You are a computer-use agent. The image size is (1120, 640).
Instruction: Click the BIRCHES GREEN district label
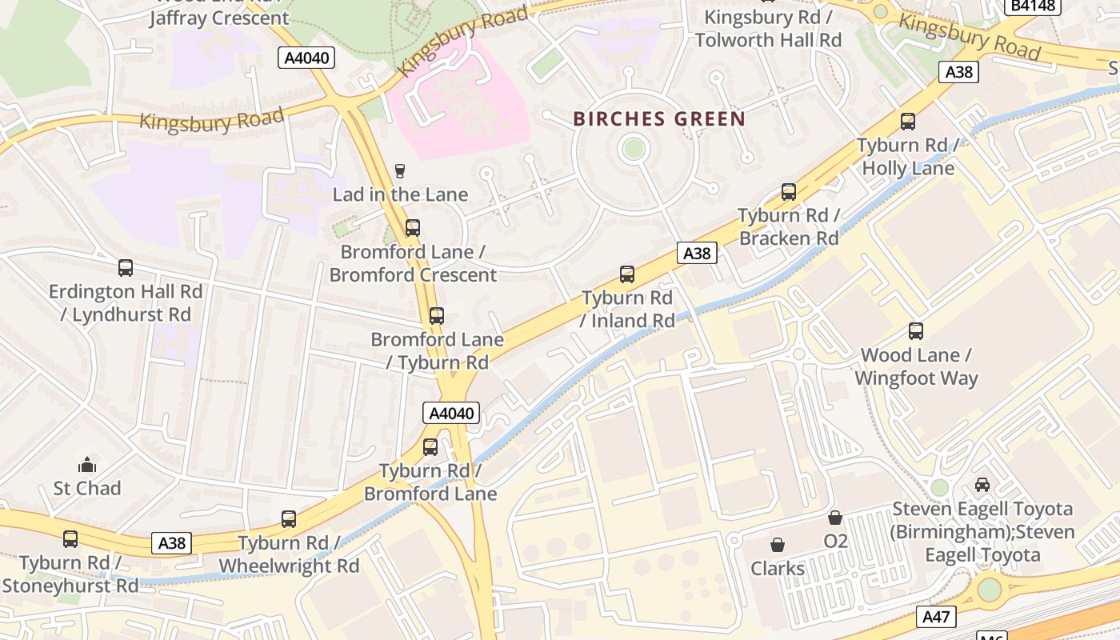[x=659, y=119]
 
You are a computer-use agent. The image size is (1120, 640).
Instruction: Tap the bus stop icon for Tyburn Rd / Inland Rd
[x=627, y=274]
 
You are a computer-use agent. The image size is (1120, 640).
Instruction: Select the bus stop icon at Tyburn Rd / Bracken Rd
[x=789, y=192]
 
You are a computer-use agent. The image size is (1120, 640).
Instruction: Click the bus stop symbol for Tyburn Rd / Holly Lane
[x=908, y=122]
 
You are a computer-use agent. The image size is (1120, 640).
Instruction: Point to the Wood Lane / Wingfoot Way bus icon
[x=916, y=331]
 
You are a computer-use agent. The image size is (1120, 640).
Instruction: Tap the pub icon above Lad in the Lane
[x=400, y=170]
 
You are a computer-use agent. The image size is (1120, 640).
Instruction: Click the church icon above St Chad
[x=86, y=465]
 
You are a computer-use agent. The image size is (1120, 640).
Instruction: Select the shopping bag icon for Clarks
[x=777, y=545]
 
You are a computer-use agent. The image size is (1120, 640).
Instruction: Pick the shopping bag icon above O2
[x=835, y=518]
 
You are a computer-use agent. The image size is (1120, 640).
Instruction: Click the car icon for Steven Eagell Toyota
[x=982, y=485]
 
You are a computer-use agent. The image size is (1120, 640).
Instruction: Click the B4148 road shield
[x=1032, y=6]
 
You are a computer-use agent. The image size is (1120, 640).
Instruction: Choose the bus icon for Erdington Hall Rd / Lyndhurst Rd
[x=126, y=268]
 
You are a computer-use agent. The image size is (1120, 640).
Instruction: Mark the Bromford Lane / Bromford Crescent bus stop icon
[x=413, y=228]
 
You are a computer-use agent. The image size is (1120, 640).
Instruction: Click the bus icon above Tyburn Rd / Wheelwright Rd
[x=289, y=519]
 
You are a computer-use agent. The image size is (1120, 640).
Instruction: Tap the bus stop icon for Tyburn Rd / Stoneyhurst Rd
[x=70, y=539]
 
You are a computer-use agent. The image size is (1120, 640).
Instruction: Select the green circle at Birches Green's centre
[x=634, y=148]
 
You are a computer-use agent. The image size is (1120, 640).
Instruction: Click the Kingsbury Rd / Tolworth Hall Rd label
[x=768, y=28]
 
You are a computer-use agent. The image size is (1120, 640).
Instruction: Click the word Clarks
[x=777, y=569]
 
